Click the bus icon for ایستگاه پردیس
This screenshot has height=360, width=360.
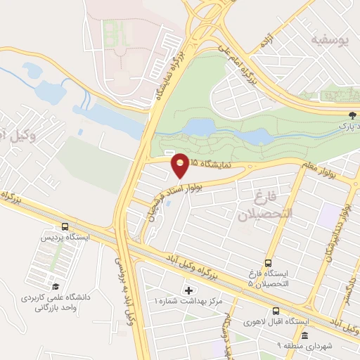coord(65,227)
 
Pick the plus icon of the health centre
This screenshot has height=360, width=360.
coord(188,290)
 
